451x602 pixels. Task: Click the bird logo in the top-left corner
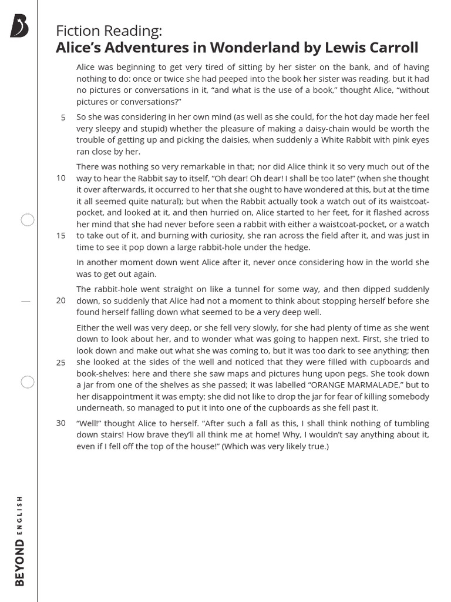point(19,26)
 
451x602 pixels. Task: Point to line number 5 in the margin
point(63,118)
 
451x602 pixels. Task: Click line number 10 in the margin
point(61,178)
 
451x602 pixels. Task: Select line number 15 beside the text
point(61,236)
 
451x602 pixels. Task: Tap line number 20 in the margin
point(61,300)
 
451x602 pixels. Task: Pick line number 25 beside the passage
point(61,362)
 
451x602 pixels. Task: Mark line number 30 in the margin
point(61,423)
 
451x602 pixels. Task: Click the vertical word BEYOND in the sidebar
point(21,563)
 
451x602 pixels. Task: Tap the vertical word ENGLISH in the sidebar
point(20,516)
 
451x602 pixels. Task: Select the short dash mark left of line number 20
point(25,300)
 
